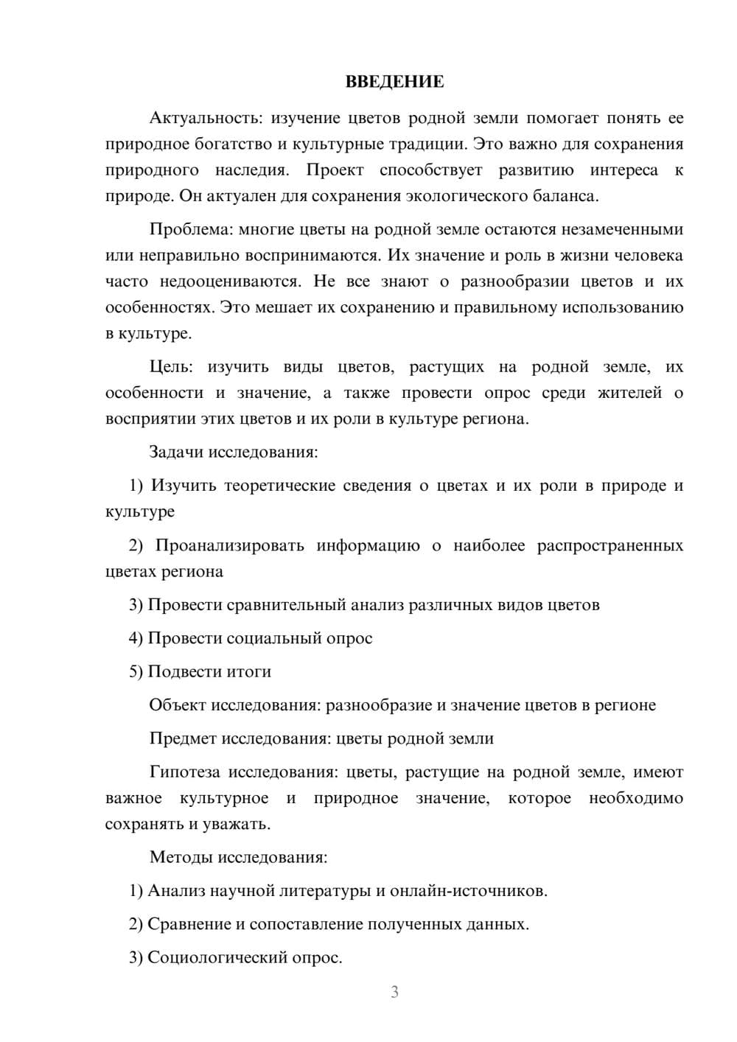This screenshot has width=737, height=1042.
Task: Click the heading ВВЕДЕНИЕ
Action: [394, 82]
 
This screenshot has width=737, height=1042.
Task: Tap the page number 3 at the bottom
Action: [394, 992]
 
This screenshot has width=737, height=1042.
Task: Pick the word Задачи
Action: [177, 452]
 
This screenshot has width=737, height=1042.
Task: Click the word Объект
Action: [178, 705]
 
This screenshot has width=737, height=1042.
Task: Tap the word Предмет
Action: [183, 738]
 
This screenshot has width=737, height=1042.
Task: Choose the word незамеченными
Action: [623, 229]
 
